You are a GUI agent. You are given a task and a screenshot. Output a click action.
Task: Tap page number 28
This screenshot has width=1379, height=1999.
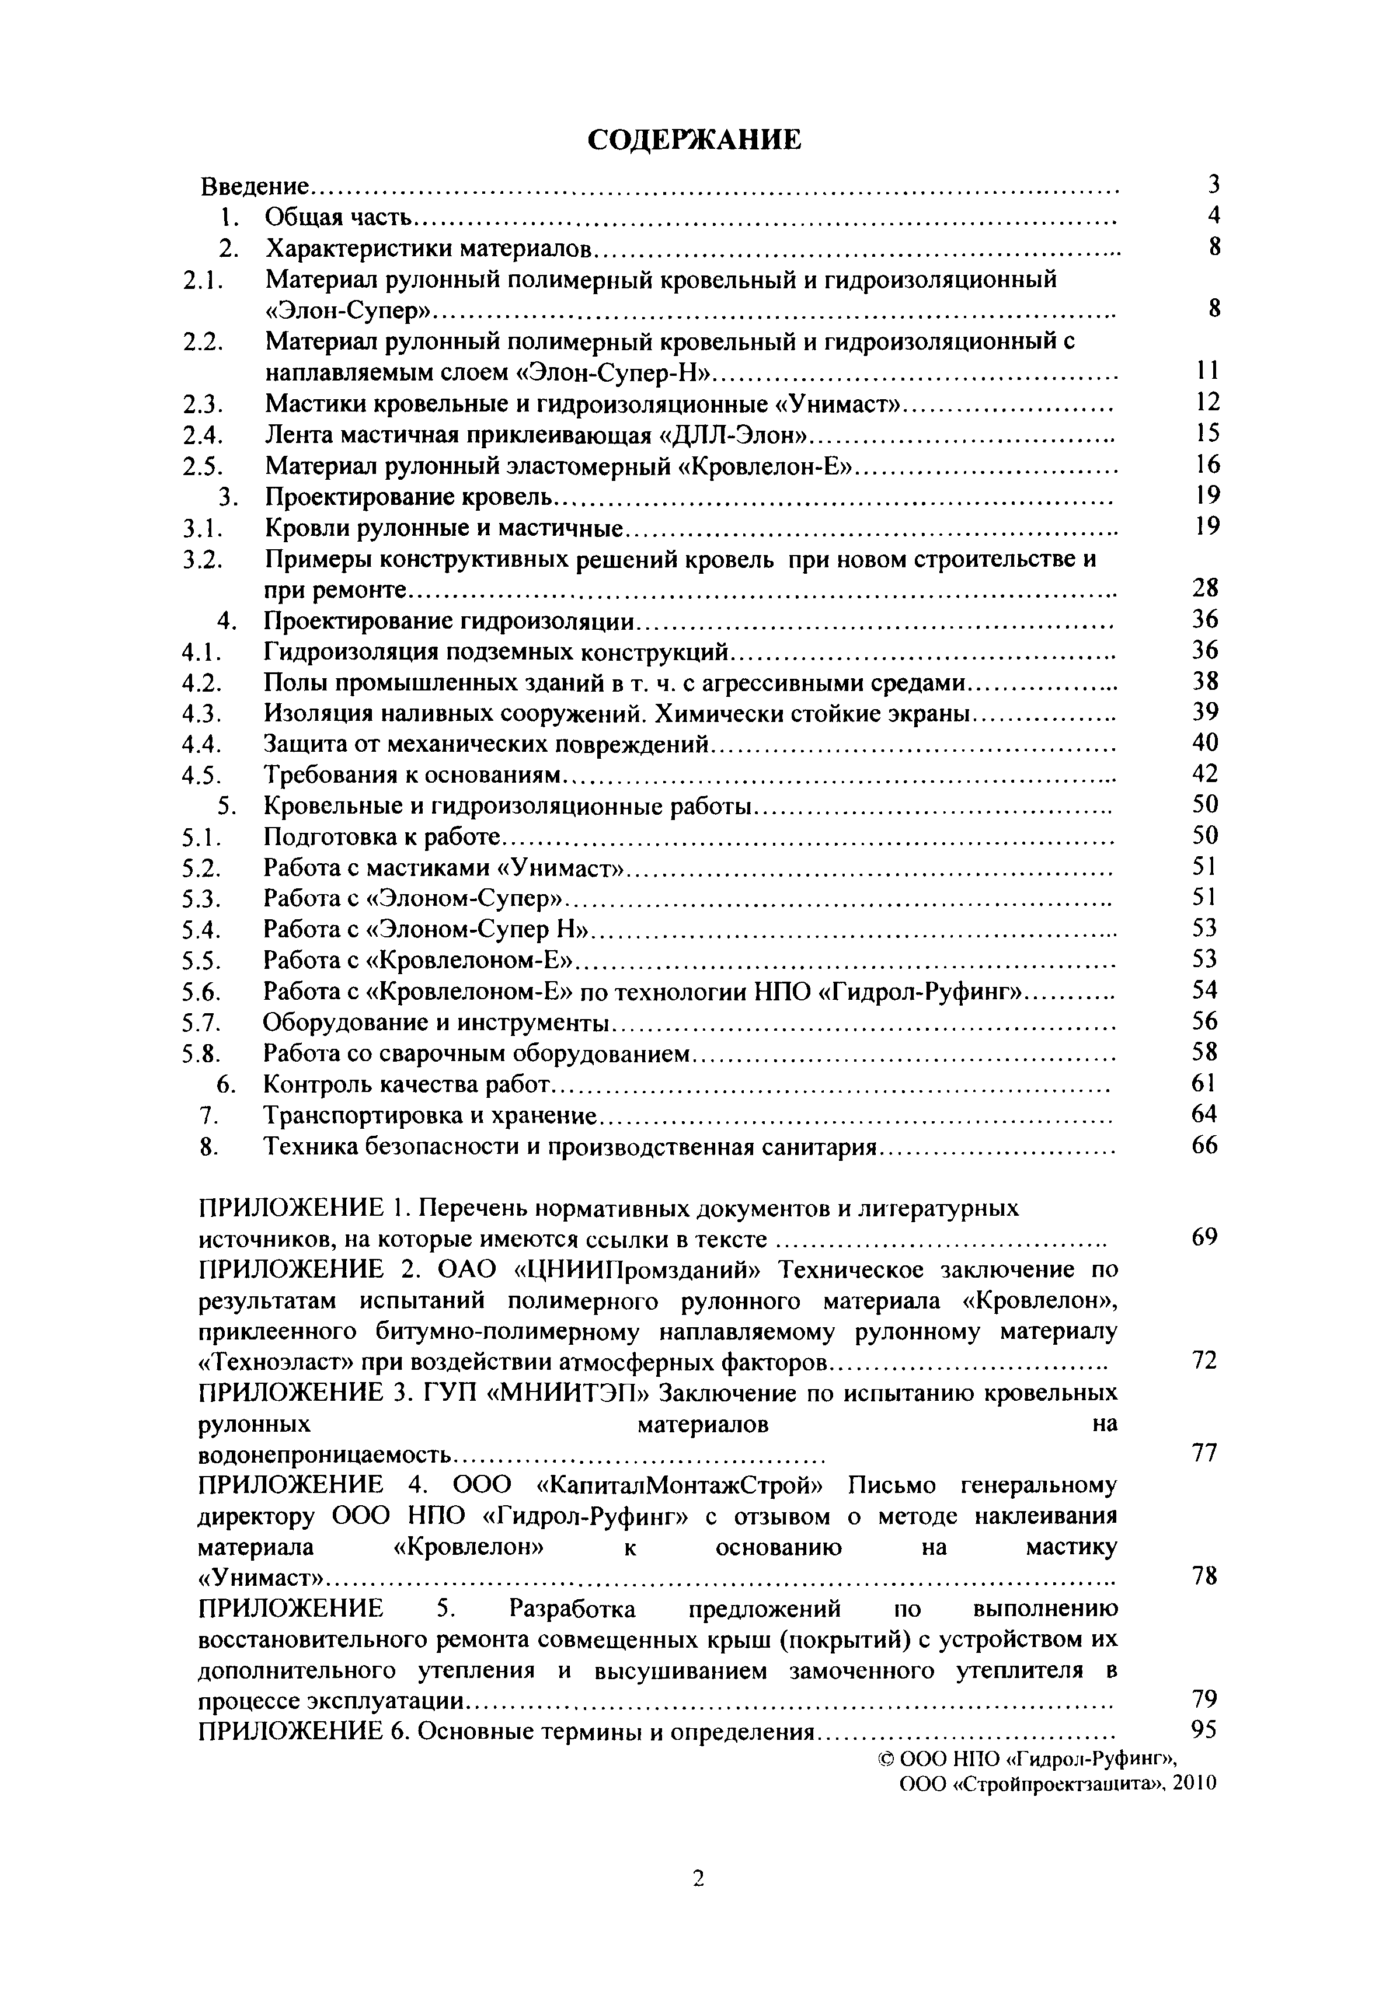click(x=1204, y=588)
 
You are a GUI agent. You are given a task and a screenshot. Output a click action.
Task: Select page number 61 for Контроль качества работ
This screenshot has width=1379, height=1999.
click(x=1204, y=1083)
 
